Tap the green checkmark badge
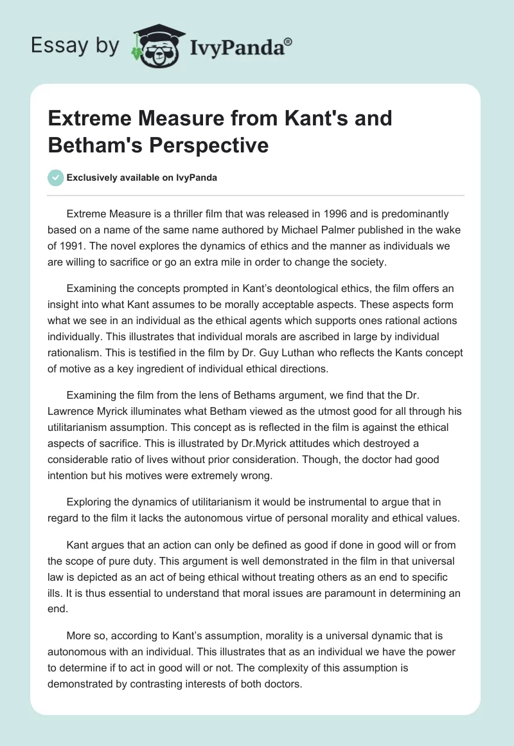[x=56, y=177]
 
